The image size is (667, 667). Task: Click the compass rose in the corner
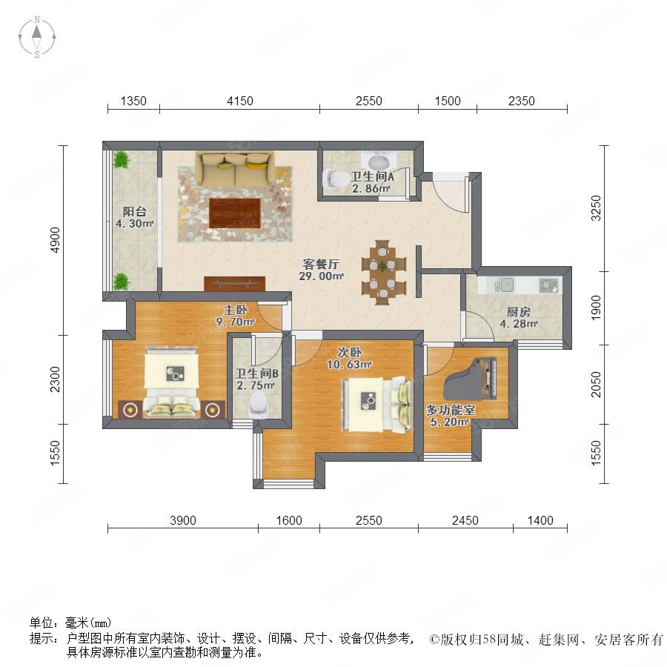tap(37, 36)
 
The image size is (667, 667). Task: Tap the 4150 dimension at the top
tap(240, 101)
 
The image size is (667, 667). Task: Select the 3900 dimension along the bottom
tap(183, 520)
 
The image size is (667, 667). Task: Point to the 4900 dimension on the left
tap(56, 240)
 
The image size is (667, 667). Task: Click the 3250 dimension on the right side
tap(597, 208)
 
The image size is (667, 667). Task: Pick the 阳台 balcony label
tap(134, 211)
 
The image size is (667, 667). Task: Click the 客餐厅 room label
tap(321, 264)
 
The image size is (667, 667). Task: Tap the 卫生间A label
tap(372, 176)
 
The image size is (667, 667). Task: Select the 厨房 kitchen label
tap(519, 312)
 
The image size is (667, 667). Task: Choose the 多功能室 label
tap(451, 410)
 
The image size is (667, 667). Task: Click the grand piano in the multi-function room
tap(471, 378)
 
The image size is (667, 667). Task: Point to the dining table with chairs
tap(384, 272)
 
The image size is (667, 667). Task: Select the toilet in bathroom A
tap(335, 179)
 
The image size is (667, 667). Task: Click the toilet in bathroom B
tap(258, 405)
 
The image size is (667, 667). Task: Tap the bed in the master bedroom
tap(172, 381)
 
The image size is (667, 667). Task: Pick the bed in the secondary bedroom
tap(378, 404)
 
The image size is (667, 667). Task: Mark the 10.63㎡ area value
tap(349, 365)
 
